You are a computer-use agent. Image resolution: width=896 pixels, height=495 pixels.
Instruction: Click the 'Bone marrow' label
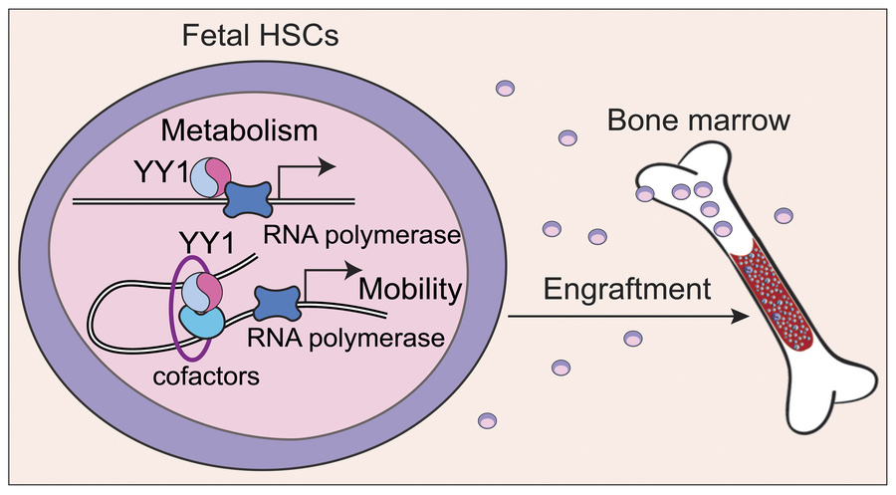point(715,124)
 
